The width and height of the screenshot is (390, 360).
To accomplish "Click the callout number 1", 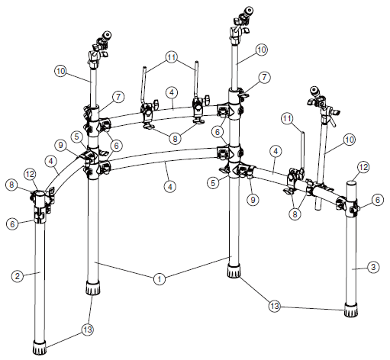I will coord(159,279).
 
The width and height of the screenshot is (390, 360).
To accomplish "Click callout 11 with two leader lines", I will coord(172,57).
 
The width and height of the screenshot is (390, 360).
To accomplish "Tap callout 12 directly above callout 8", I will coord(31,174).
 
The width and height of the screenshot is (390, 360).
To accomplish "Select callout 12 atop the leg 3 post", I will coord(364,167).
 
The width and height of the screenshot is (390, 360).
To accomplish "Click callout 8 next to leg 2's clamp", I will coord(11,185).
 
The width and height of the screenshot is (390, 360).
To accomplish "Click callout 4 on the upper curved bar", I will coord(173,93).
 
